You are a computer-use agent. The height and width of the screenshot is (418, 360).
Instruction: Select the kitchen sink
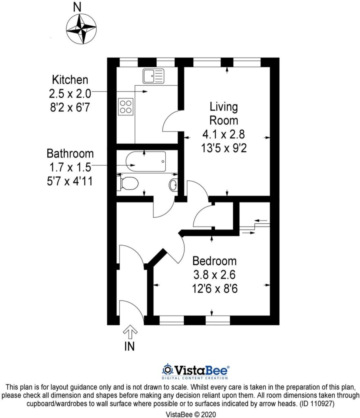[153, 76]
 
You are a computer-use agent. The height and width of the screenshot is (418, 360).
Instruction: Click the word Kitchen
[70, 79]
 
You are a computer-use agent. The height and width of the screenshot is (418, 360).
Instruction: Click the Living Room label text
[223, 114]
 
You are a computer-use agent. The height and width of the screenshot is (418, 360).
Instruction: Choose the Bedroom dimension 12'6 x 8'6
[215, 289]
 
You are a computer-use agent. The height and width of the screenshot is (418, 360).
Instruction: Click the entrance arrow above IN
[130, 332]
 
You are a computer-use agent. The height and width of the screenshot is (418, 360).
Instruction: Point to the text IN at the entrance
[129, 347]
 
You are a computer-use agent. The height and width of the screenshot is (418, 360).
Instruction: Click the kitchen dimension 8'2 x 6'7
[70, 106]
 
